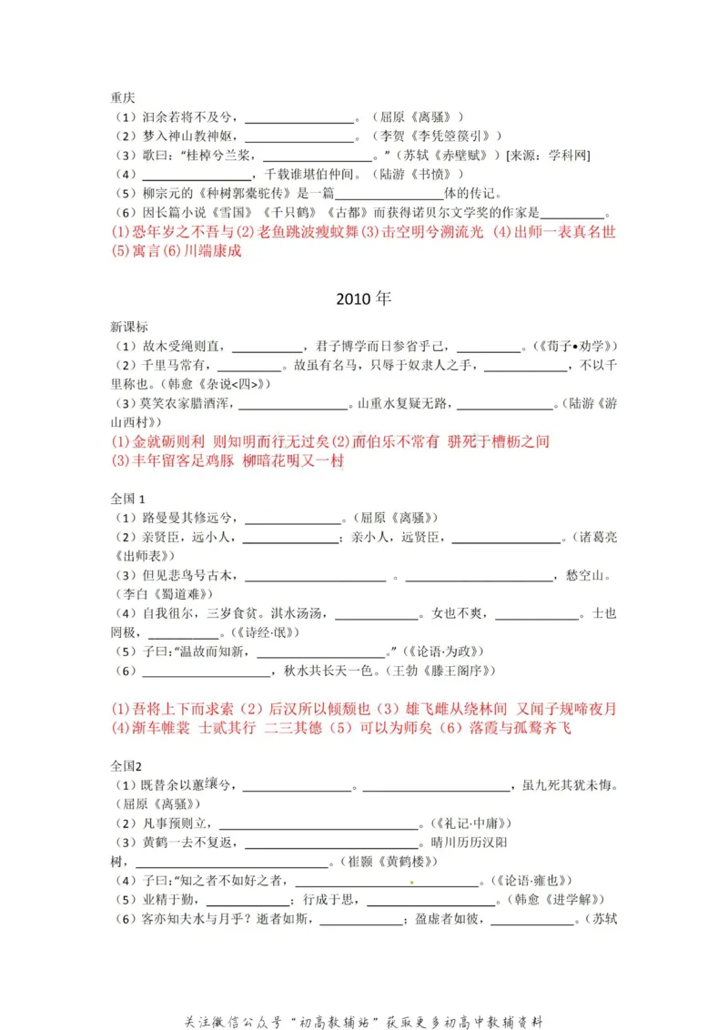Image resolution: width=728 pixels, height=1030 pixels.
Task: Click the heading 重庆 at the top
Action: pyautogui.click(x=124, y=98)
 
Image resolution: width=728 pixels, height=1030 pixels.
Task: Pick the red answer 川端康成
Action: pyautogui.click(x=213, y=251)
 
